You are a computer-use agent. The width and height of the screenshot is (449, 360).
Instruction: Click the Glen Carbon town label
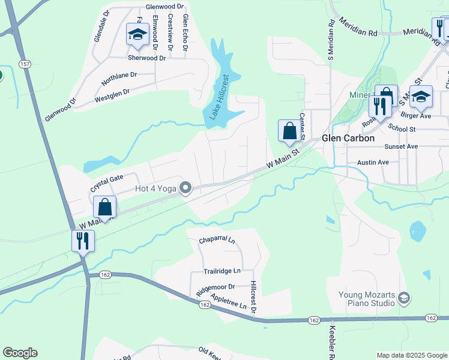pyautogui.click(x=348, y=138)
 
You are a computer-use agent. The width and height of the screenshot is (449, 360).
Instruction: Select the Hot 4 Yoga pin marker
pyautogui.click(x=185, y=189)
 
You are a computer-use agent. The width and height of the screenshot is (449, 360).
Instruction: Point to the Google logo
pyautogui.click(x=20, y=353)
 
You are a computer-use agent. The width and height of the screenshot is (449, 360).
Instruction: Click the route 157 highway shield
pyautogui.click(x=24, y=64)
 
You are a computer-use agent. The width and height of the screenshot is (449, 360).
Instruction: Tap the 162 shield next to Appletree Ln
pyautogui.click(x=205, y=305)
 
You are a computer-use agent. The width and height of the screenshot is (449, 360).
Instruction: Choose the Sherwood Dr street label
pyautogui.click(x=146, y=58)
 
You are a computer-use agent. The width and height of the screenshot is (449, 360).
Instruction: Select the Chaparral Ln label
pyautogui.click(x=217, y=241)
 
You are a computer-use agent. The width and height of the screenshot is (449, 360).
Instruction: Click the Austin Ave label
pyautogui.click(x=373, y=163)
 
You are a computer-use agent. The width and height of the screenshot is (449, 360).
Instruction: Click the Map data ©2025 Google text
pyautogui.click(x=411, y=355)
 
